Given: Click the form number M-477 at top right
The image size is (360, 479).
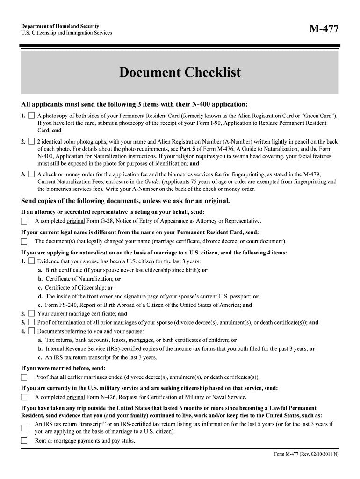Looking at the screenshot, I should (323, 29).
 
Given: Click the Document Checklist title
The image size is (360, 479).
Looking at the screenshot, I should (180, 73).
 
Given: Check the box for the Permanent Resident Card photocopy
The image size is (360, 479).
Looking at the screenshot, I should (31, 115).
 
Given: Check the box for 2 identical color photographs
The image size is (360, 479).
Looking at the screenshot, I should (31, 141).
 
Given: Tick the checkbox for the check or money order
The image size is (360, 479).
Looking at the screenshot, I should (31, 174).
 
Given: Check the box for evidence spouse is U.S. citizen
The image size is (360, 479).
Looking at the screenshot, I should (31, 261).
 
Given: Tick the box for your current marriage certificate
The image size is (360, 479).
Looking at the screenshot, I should (31, 313).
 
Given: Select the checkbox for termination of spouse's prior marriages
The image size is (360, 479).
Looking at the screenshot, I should (31, 322).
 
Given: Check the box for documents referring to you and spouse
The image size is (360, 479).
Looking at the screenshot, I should (31, 331).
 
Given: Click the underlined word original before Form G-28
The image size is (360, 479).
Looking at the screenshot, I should (75, 221).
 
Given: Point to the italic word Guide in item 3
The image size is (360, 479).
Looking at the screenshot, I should (152, 181).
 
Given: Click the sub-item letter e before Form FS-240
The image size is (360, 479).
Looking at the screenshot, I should (40, 305).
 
